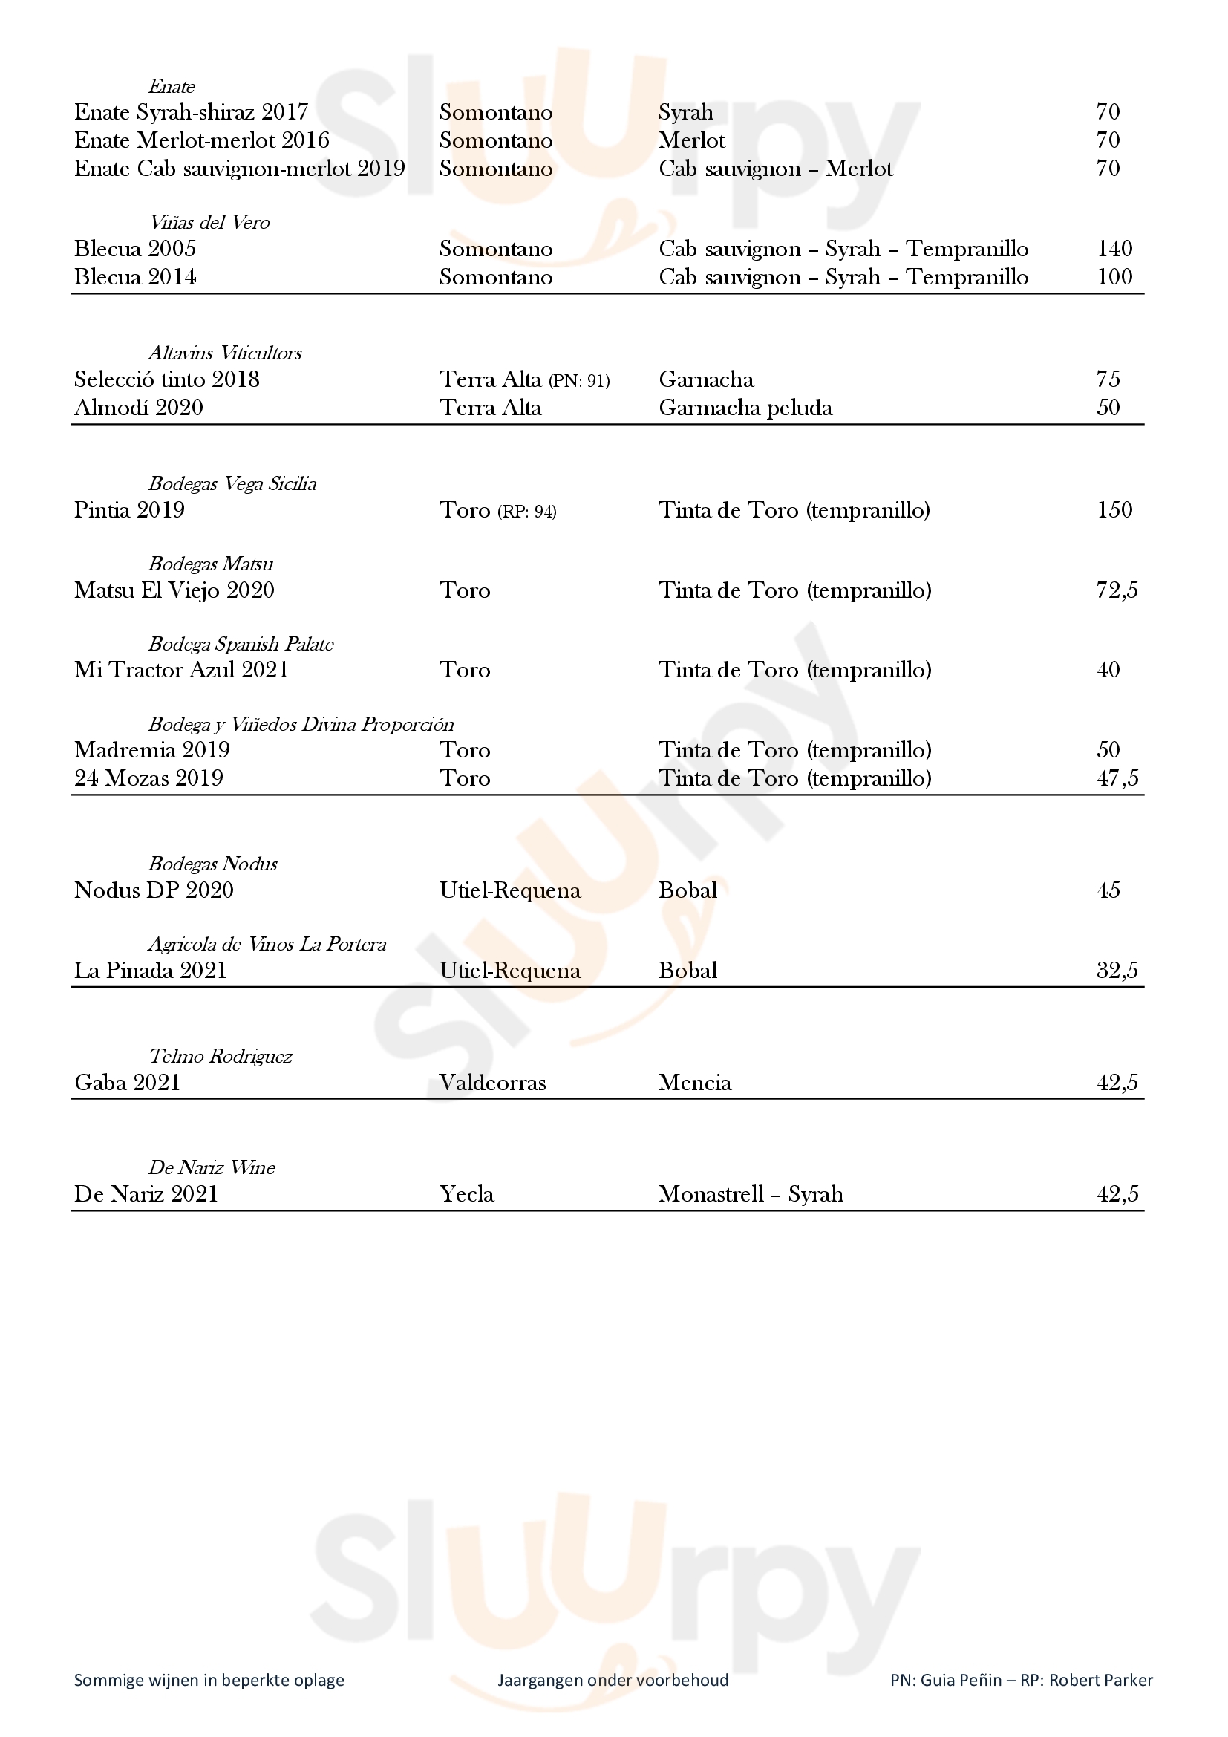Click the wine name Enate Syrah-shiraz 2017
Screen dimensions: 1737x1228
(x=192, y=112)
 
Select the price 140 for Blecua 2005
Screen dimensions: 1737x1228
(x=1114, y=249)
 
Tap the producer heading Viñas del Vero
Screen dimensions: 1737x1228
(x=209, y=223)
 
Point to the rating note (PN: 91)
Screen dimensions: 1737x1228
(x=579, y=380)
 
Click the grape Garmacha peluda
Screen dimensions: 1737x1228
(x=745, y=408)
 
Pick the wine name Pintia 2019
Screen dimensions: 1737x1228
(x=129, y=510)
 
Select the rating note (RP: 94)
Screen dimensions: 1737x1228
(x=527, y=512)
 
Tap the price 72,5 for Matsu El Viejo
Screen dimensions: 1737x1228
(x=1117, y=590)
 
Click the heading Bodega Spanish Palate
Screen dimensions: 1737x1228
(x=241, y=644)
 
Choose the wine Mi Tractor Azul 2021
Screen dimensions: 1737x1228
(x=181, y=671)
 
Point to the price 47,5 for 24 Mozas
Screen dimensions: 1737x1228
(x=1117, y=778)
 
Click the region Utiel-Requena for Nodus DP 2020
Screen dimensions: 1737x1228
(x=509, y=890)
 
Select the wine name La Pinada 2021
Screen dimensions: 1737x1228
(x=151, y=971)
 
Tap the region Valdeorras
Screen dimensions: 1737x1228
(x=492, y=1083)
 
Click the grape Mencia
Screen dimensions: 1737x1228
(x=694, y=1083)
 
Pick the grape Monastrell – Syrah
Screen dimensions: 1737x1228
(x=750, y=1194)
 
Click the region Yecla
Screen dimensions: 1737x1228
(x=466, y=1194)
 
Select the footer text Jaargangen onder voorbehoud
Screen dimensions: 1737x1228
(x=613, y=1680)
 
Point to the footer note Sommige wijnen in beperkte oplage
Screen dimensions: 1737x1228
(x=209, y=1680)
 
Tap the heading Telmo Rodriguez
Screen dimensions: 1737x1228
(x=220, y=1056)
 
